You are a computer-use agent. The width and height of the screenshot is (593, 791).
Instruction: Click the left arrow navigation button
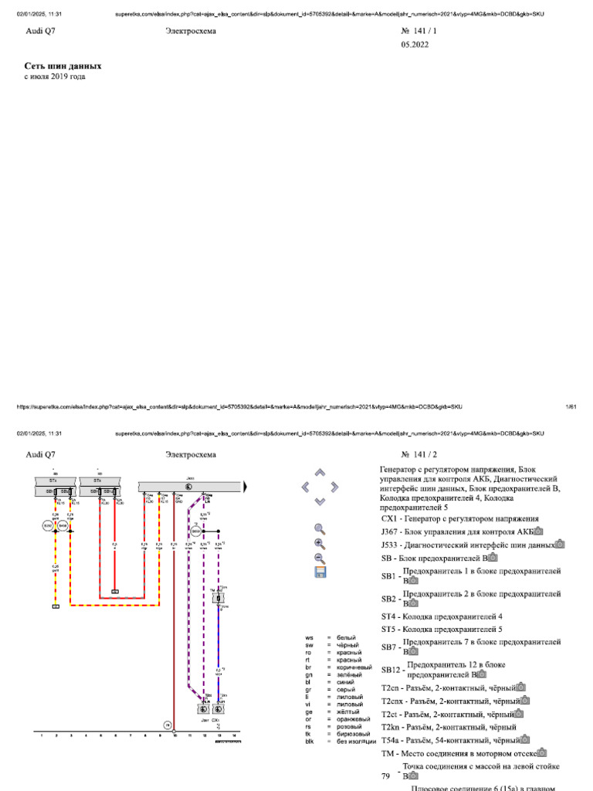point(306,487)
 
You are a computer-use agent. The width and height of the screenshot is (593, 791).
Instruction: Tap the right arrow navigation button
point(334,487)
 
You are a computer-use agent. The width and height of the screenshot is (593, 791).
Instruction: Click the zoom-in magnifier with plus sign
point(320,544)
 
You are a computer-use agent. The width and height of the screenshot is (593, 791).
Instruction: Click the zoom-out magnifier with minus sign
point(320,558)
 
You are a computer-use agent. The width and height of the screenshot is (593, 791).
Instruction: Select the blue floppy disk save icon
point(320,572)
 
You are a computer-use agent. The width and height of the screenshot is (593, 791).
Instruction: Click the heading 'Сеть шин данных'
point(63,66)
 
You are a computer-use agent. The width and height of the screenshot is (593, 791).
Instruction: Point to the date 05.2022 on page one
point(415,45)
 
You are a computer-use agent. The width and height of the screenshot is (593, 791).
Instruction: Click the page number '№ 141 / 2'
point(419,455)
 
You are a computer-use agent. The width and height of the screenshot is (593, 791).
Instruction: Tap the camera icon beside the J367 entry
point(539,531)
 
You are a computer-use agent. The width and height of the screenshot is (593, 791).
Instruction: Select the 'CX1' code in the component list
point(388,519)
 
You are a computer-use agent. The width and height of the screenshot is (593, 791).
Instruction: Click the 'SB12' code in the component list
point(390,669)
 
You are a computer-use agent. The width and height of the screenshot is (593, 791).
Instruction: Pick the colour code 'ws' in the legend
point(309,638)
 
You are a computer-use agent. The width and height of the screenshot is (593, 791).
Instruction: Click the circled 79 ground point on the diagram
point(166,725)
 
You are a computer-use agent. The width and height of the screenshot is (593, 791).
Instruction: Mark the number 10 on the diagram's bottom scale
point(175,737)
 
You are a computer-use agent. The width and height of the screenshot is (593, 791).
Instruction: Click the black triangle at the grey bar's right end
point(245,487)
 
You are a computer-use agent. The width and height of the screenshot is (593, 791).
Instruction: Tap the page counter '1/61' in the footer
point(571,406)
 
